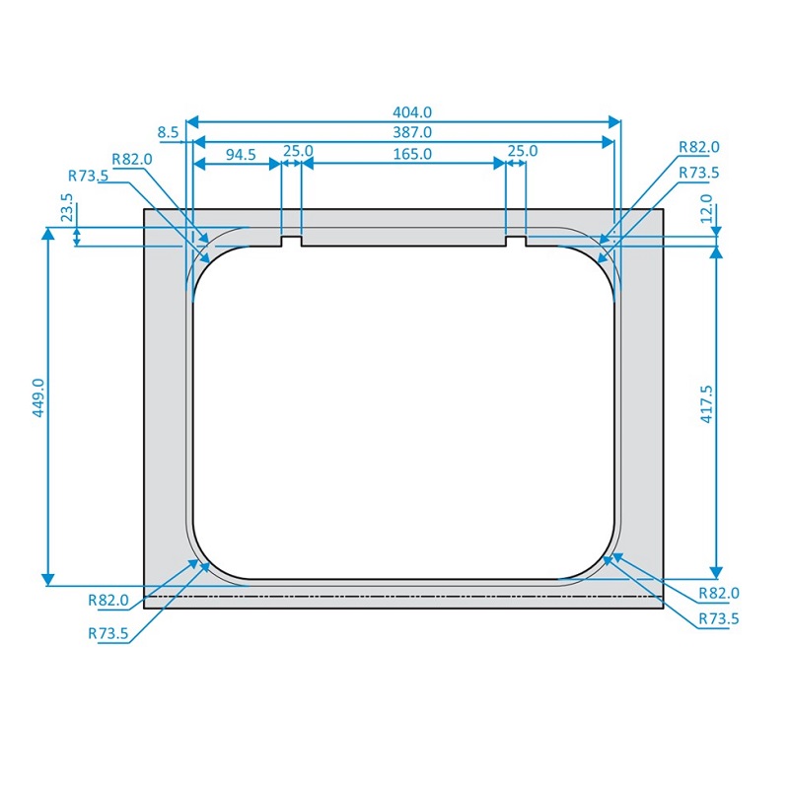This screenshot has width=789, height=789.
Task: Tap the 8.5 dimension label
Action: pyautogui.click(x=168, y=132)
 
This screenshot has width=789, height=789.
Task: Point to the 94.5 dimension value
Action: pyautogui.click(x=234, y=153)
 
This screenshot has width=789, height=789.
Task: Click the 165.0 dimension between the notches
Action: pyautogui.click(x=406, y=153)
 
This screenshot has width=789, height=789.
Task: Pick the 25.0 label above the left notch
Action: pyautogui.click(x=298, y=151)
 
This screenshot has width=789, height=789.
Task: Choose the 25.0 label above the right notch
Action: pyautogui.click(x=522, y=151)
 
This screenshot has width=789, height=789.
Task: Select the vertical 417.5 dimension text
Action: pyautogui.click(x=706, y=404)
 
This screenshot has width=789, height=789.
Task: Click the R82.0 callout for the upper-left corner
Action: pyautogui.click(x=131, y=159)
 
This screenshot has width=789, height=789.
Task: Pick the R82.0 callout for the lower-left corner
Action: pyautogui.click(x=108, y=600)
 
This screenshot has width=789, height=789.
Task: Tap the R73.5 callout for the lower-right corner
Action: pyautogui.click(x=719, y=618)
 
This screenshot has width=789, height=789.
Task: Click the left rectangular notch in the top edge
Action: pyautogui.click(x=291, y=241)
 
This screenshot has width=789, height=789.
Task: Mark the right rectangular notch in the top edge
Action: pyautogui.click(x=516, y=241)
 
